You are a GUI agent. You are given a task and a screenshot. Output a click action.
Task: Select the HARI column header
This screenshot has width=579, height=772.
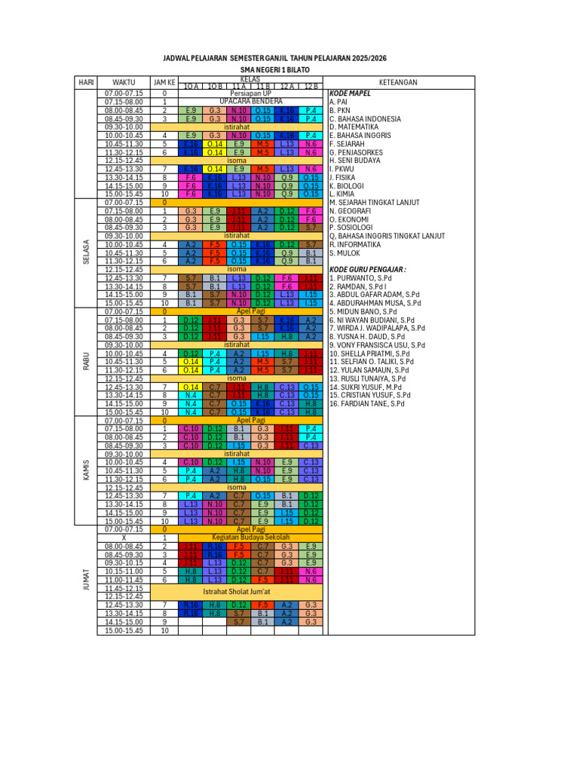(85, 81)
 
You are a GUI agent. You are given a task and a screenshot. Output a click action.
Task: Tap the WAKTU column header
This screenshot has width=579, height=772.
(124, 81)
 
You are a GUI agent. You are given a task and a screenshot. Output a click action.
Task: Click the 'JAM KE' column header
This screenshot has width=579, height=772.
(164, 81)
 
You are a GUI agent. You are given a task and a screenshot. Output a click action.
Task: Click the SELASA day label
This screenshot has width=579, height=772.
(85, 253)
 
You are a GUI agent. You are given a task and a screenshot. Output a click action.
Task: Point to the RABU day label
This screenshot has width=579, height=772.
(85, 362)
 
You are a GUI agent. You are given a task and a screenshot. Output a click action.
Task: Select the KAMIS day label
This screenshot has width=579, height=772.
(85, 470)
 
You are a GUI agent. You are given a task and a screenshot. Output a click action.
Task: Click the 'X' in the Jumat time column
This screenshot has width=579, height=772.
(124, 538)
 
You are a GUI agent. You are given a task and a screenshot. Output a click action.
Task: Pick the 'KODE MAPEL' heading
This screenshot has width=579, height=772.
(349, 93)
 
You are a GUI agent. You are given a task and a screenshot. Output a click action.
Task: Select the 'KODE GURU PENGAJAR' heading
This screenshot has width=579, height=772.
(369, 269)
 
